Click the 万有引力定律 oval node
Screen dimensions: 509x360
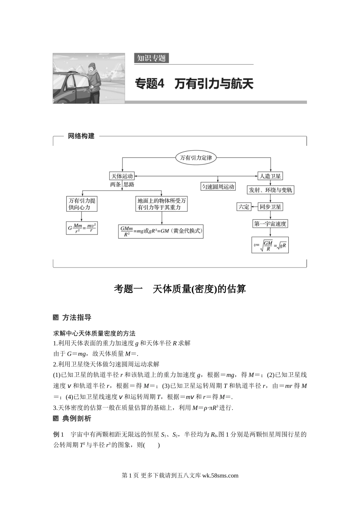[x=196, y=158]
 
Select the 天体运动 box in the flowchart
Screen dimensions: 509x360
[x=122, y=176]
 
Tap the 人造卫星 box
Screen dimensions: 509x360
[x=270, y=176]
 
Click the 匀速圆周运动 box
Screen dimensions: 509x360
[x=218, y=187]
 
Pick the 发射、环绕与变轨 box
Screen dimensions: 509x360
[x=270, y=190]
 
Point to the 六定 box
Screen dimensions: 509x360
[x=244, y=207]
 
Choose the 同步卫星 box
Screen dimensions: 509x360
[x=270, y=207]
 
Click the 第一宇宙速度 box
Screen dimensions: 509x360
[x=270, y=223]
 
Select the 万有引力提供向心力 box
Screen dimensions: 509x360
[x=82, y=204]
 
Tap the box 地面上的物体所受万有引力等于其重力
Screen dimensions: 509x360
[x=161, y=204]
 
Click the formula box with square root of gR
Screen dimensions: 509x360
[x=270, y=245]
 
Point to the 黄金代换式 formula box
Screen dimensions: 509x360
[x=161, y=231]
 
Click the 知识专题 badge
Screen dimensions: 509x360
[x=151, y=58]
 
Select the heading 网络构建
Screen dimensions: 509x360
[x=81, y=136]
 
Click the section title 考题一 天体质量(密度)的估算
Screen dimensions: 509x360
[x=180, y=289]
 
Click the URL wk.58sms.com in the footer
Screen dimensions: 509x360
[x=221, y=476]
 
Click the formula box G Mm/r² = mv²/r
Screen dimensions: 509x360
[x=82, y=228]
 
